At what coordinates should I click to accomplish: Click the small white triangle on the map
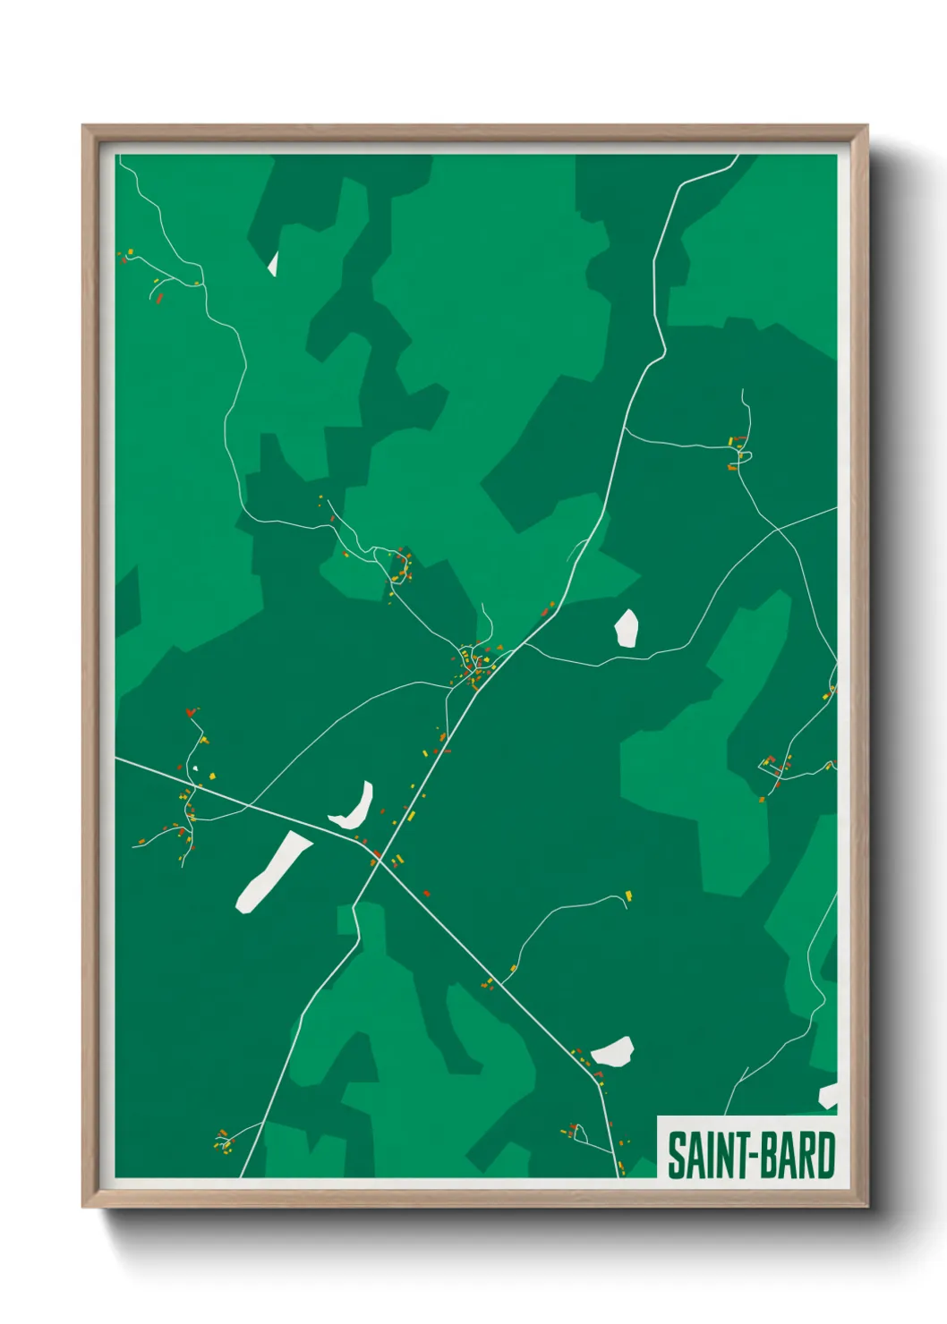coord(273,265)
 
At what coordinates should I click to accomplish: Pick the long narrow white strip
coord(270,872)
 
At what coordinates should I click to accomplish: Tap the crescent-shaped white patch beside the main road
coord(354,808)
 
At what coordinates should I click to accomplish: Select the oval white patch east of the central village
coord(627,628)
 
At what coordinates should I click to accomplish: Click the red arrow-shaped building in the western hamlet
coord(190,713)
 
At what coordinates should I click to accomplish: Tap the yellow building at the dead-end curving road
coord(628,895)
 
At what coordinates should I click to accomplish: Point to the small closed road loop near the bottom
coord(579,1134)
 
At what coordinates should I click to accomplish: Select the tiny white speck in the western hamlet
coord(195,768)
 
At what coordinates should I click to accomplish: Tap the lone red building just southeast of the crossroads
coord(426,893)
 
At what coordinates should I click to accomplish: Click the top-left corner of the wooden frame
coord(83,126)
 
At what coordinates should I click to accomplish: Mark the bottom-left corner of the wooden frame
coord(83,1207)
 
